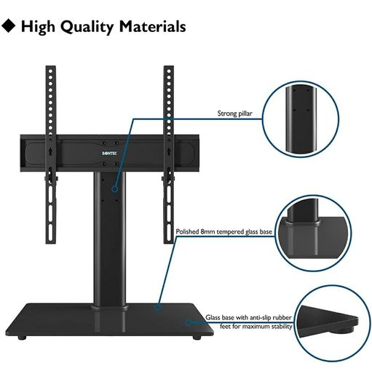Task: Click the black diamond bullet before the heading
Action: click(8, 25)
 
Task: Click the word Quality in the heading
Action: click(87, 27)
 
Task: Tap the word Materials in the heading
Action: click(153, 26)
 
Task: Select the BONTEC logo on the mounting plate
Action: click(109, 154)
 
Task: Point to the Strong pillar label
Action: click(234, 114)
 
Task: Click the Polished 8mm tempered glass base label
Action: click(223, 231)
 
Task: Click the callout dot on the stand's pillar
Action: click(114, 188)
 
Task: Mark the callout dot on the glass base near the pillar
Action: click(158, 307)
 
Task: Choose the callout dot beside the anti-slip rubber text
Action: click(188, 322)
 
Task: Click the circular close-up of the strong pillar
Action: click(301, 119)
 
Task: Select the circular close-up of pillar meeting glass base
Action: click(314, 233)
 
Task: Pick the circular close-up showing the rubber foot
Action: click(332, 323)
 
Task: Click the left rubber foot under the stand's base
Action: click(22, 338)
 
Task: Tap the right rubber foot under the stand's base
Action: click(197, 338)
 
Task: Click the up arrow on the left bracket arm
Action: click(50, 151)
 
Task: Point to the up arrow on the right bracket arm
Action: click(168, 151)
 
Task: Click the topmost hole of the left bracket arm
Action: click(50, 71)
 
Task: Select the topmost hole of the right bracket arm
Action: click(169, 71)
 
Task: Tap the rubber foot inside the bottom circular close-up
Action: click(341, 330)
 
